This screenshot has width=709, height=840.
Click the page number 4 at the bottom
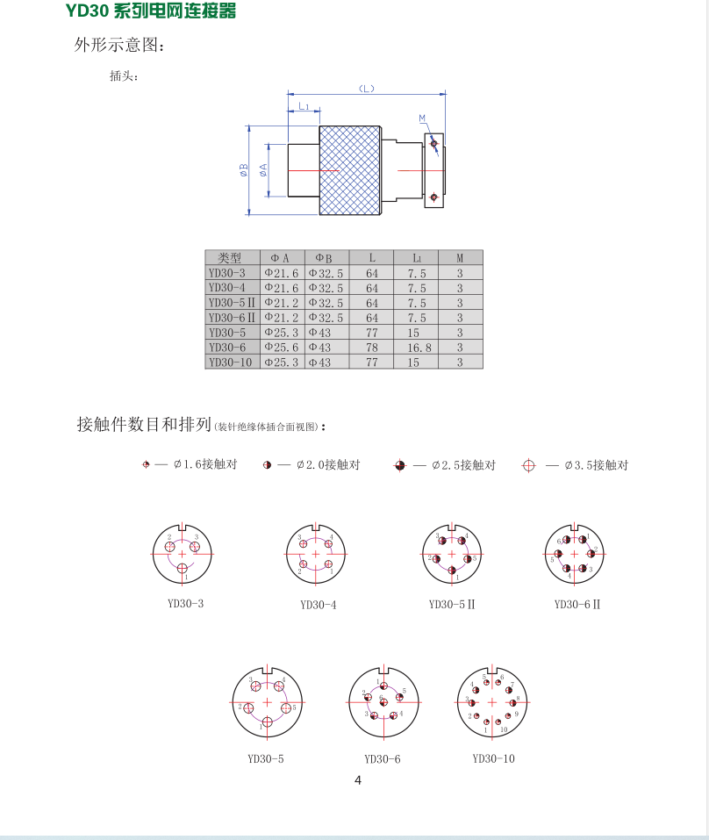[x=357, y=780]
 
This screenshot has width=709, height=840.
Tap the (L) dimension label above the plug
[x=367, y=89]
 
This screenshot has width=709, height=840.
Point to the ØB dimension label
[x=243, y=170]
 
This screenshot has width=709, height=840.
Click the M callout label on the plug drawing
[x=422, y=118]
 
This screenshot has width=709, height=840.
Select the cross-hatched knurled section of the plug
[x=349, y=171]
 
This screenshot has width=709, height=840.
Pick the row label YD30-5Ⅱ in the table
[x=232, y=303]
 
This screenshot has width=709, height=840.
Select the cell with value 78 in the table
[x=372, y=348]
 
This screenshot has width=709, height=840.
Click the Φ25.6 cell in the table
[x=283, y=348]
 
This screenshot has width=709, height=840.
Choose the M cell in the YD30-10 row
[x=460, y=363]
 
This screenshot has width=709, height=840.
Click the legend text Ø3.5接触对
[x=597, y=465]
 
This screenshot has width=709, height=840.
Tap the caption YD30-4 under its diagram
[x=318, y=604]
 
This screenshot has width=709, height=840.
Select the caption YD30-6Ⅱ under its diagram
[x=577, y=604]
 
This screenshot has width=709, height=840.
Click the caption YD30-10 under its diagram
[x=493, y=758]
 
